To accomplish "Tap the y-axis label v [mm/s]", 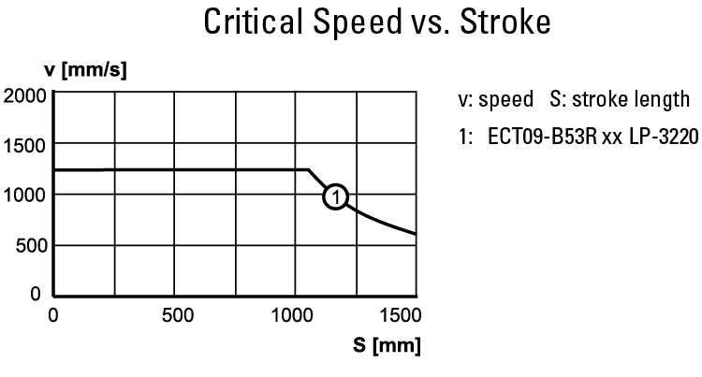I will (x=85, y=71).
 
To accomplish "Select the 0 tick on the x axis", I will (x=54, y=314).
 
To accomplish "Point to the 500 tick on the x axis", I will (x=175, y=314).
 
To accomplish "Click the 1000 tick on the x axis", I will (x=296, y=314).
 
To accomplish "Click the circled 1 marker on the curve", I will (x=335, y=196).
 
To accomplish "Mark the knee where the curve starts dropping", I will (x=309, y=170).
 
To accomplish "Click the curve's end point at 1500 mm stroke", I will (x=416, y=234).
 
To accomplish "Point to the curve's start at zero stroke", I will (x=55, y=170).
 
